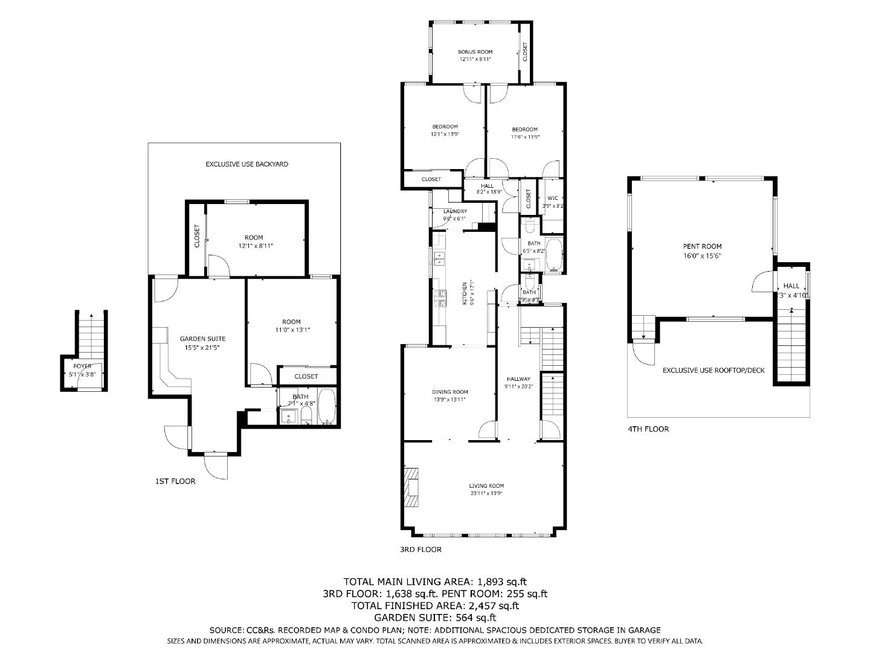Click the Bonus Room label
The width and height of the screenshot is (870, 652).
click(x=474, y=52)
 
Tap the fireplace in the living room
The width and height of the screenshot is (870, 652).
click(x=411, y=487)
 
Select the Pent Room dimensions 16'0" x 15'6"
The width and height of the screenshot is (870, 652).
click(x=702, y=255)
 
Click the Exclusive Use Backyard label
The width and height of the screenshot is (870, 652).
click(x=246, y=164)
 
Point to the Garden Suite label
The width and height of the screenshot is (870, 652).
click(x=198, y=339)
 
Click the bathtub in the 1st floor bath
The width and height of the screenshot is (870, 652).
click(x=327, y=408)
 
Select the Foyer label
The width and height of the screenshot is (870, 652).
click(x=83, y=366)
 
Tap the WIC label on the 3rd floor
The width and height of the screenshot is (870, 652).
click(x=552, y=198)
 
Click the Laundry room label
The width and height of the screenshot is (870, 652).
click(x=454, y=211)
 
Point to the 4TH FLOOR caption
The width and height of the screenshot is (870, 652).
click(x=648, y=429)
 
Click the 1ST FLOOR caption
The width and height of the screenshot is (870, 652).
click(x=175, y=481)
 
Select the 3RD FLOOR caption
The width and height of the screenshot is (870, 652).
click(x=420, y=549)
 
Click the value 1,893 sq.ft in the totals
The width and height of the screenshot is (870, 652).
click(x=501, y=582)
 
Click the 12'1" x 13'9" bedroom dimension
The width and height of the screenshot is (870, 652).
click(x=445, y=134)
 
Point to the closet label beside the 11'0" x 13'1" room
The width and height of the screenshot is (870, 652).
click(x=306, y=376)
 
